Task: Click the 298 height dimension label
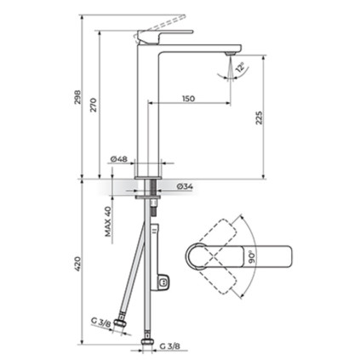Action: coord(77,97)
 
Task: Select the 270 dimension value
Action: coord(94,105)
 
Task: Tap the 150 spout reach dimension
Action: coord(189,99)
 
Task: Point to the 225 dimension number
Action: coord(260,117)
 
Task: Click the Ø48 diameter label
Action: coord(119,159)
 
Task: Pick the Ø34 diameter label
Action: coord(185,186)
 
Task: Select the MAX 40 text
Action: coord(108,221)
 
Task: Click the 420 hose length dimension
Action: coord(77,263)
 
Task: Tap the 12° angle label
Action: coord(241,67)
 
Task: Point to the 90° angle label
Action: coord(252,257)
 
